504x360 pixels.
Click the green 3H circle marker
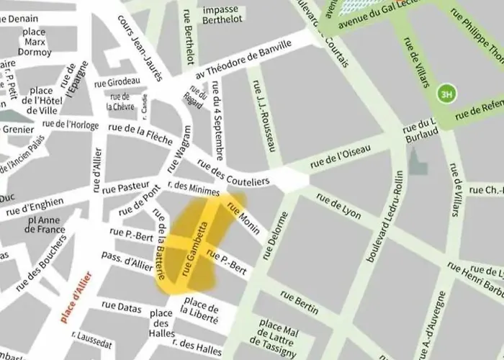click(x=446, y=94)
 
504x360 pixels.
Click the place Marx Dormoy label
click(x=34, y=42)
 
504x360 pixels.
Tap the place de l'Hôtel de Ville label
click(x=42, y=100)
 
